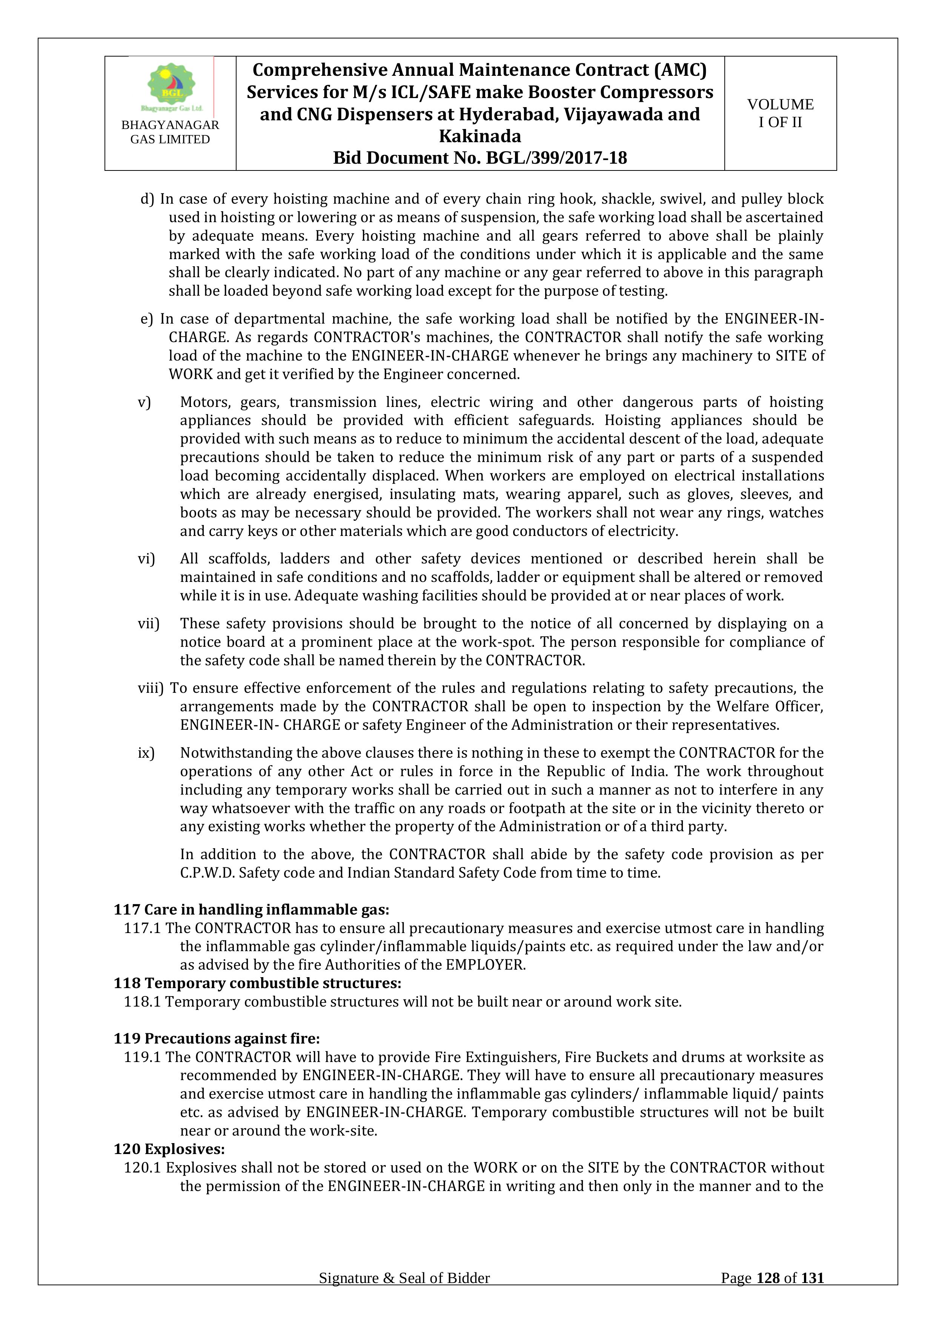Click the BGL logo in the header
coord(171,86)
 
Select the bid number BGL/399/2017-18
coord(556,158)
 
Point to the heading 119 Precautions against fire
coord(216,1038)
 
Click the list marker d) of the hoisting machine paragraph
coord(148,199)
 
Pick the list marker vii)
coord(148,623)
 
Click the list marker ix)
coord(146,752)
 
